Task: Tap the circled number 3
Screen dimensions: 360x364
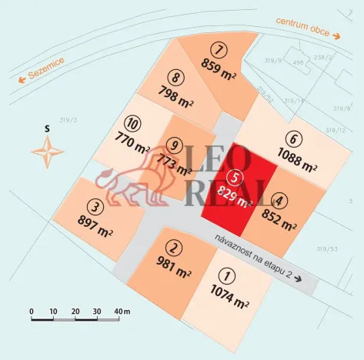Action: [x=95, y=206]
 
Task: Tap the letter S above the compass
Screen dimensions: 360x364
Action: [x=48, y=127]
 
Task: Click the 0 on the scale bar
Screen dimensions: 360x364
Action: [x=32, y=310]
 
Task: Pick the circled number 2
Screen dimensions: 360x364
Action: [x=175, y=248]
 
